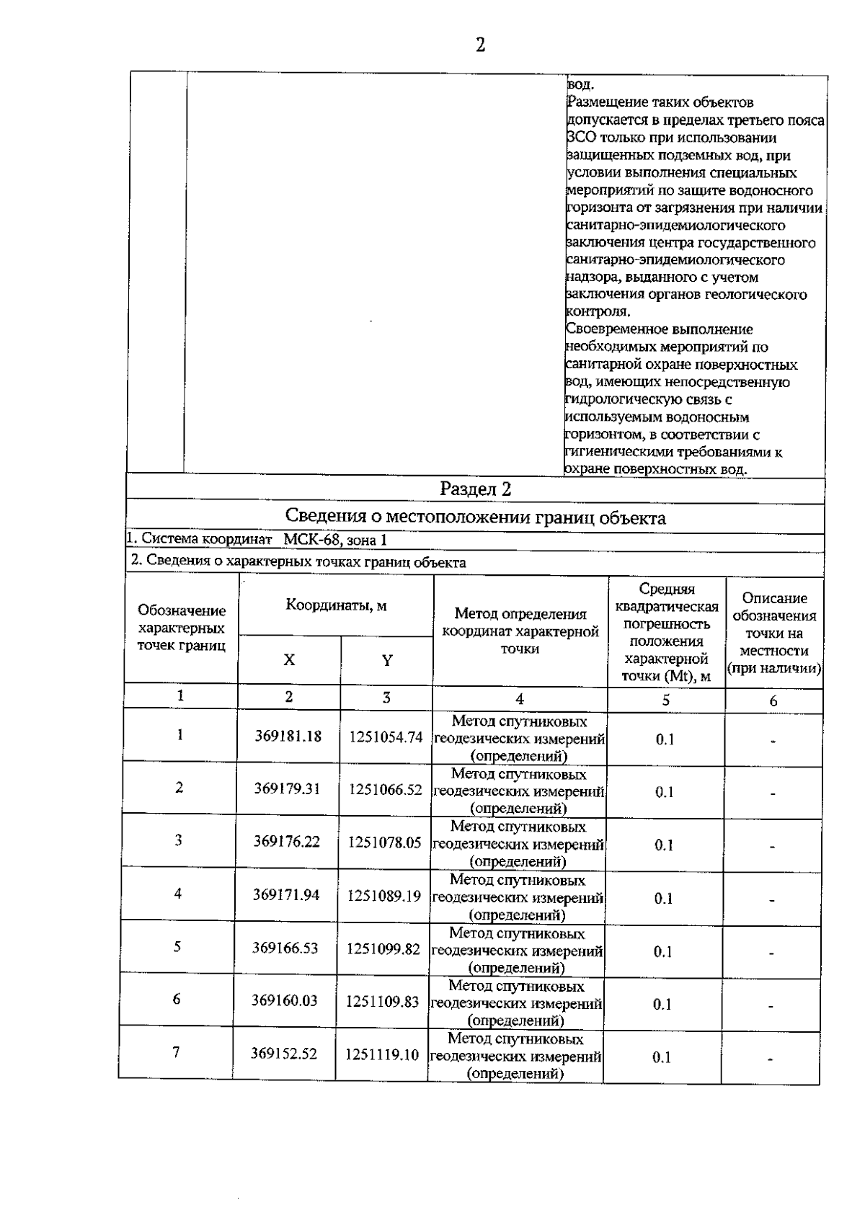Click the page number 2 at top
point(480,45)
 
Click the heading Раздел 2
point(475,489)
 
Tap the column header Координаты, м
point(336,605)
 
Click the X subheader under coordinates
point(289,660)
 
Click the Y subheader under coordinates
point(387,660)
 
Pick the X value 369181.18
point(288,737)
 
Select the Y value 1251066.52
point(386,789)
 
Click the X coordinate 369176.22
point(287,842)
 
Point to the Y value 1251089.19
point(384,895)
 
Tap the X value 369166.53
point(285,948)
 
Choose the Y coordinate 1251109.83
point(383,1001)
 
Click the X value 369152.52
point(284,1054)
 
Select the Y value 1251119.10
point(382,1054)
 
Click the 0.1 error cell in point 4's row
point(663,898)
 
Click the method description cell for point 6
point(516,1003)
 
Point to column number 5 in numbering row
point(666,701)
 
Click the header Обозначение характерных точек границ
point(182,628)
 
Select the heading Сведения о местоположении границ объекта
point(475,517)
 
